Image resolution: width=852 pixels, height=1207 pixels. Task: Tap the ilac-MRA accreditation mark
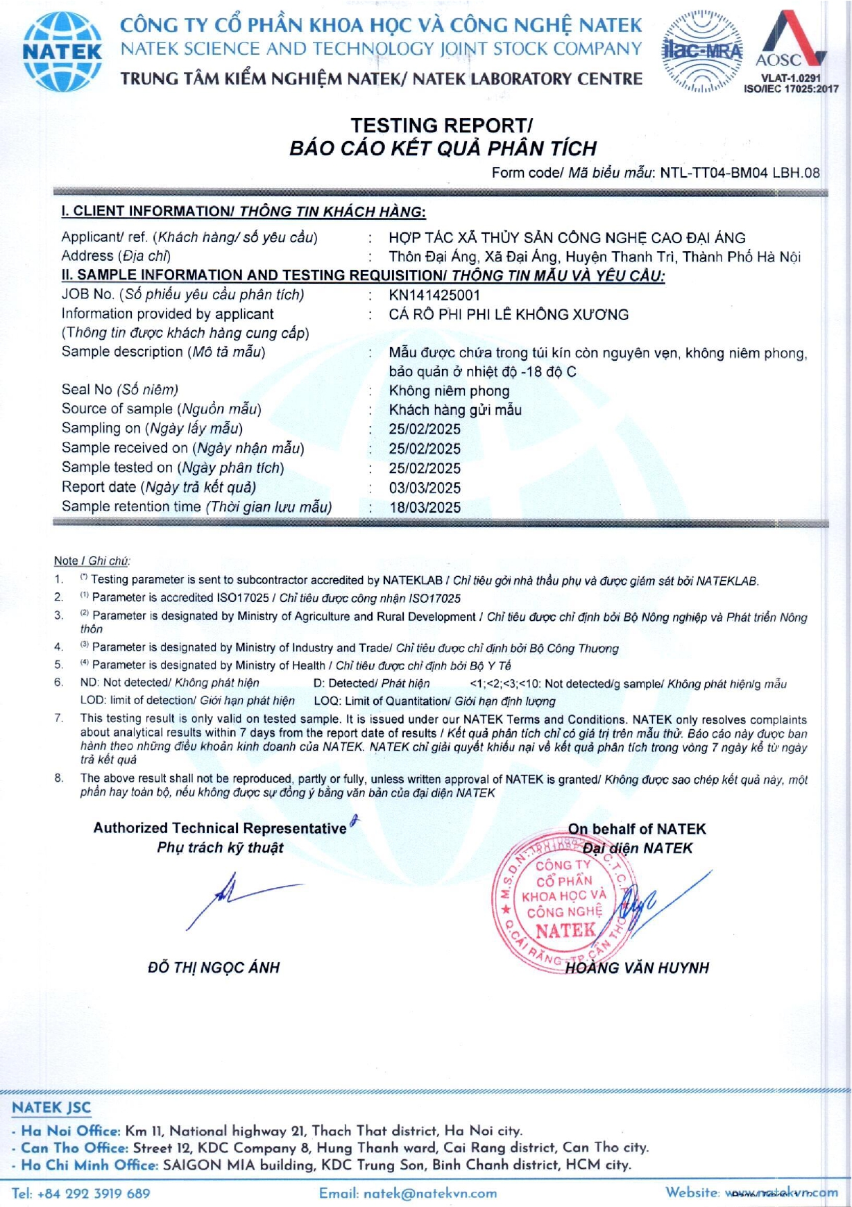[702, 51]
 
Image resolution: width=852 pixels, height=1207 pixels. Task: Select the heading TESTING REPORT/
[441, 126]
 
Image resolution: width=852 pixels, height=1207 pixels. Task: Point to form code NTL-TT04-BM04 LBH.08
[740, 173]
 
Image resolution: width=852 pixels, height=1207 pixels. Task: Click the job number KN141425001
[434, 296]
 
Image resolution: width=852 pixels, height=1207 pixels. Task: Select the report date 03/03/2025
[425, 488]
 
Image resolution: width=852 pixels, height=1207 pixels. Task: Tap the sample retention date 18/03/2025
[425, 508]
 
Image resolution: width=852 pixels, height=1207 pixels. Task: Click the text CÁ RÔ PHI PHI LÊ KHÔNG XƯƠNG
[509, 315]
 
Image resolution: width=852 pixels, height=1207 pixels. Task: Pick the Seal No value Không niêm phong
[449, 391]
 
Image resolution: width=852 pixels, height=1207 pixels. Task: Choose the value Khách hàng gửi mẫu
[455, 410]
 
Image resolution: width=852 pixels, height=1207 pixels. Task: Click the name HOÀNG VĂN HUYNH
[637, 968]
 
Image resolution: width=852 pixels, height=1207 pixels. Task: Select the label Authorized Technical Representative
[220, 828]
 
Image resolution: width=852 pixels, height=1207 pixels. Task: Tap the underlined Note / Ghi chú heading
[92, 561]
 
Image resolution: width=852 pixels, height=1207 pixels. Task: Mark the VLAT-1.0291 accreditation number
[790, 78]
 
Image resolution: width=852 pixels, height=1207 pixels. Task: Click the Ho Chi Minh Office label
[90, 1165]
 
